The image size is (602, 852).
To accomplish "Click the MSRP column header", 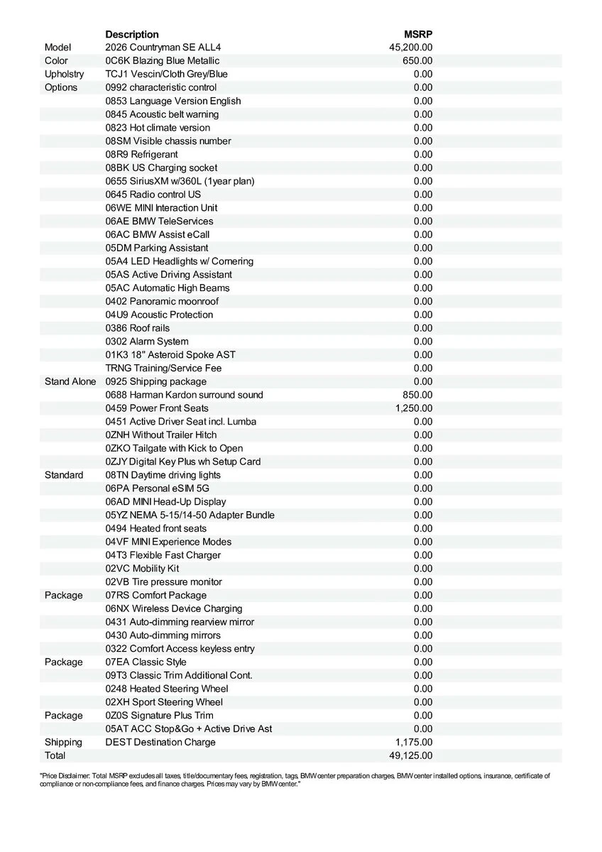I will pos(418,34).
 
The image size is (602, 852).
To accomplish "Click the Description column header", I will pos(132,34).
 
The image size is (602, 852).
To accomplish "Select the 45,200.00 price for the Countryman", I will pos(411,48).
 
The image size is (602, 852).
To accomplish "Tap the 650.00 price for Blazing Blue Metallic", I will pos(417,61).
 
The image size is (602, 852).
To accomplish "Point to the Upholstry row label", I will pos(64,74).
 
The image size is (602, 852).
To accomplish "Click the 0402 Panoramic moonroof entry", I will pos(162,301).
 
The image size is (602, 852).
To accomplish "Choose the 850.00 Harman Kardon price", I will pos(417,395).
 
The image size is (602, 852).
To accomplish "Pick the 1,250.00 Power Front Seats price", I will pos(414,408).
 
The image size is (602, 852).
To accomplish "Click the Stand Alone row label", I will pos(70,381).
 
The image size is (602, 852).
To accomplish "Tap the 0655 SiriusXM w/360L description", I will pos(180,181).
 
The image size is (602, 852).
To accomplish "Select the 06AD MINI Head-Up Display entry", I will pos(170,501).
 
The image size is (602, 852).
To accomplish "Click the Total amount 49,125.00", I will pos(411,755).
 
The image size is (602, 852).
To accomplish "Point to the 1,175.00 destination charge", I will pos(414,742).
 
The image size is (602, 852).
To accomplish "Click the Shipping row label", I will pos(63,742).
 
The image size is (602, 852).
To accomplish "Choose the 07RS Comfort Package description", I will pos(156,595).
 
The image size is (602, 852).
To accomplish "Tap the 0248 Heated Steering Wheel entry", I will pos(167,689).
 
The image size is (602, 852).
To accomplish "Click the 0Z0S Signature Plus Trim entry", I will pos(159,715).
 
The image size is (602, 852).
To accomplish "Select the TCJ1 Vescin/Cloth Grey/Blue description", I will pos(166,74).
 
